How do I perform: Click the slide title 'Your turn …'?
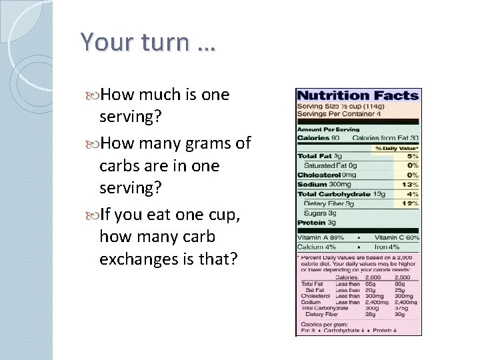click(148, 42)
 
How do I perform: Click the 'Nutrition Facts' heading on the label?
click(358, 96)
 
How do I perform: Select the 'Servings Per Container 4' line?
click(339, 114)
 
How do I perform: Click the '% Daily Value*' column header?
click(397, 147)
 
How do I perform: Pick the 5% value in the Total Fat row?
click(413, 156)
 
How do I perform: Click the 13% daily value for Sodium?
click(413, 185)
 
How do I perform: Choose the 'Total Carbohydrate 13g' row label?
click(341, 194)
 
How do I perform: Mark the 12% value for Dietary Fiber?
click(413, 203)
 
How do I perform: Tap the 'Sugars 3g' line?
click(319, 213)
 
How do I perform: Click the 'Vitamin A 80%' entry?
click(321, 237)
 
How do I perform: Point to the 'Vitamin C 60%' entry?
click(397, 237)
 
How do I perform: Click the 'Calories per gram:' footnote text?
click(323, 324)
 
